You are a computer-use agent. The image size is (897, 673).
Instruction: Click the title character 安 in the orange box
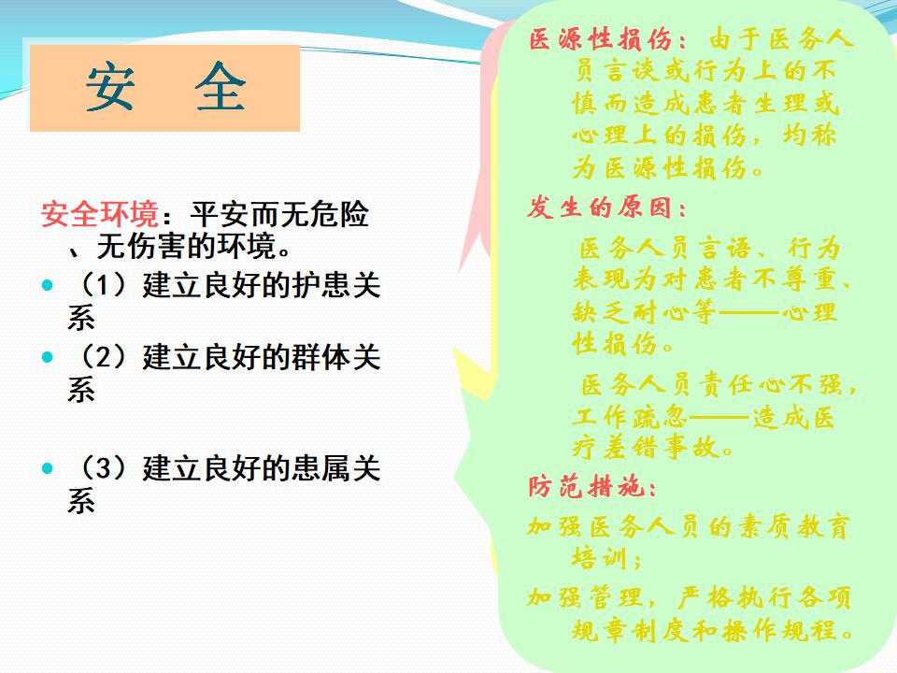pyautogui.click(x=110, y=87)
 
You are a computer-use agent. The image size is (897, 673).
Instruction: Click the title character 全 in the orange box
pyautogui.click(x=221, y=87)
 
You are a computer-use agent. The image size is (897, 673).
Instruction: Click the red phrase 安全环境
pyautogui.click(x=100, y=215)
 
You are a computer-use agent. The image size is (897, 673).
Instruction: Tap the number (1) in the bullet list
pyautogui.click(x=103, y=284)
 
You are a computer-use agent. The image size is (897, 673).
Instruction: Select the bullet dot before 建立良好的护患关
pyautogui.click(x=48, y=285)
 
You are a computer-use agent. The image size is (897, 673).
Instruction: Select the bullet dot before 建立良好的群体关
pyautogui.click(x=48, y=357)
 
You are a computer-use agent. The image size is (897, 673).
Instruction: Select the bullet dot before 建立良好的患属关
pyautogui.click(x=48, y=468)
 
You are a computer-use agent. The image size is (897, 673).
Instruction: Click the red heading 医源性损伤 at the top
pyautogui.click(x=601, y=39)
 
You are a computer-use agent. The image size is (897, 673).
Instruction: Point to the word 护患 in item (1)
pyautogui.click(x=321, y=284)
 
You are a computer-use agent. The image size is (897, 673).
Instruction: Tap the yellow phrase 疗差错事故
pyautogui.click(x=646, y=447)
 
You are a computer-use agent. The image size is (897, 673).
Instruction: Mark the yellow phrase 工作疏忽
pyautogui.click(x=630, y=416)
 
